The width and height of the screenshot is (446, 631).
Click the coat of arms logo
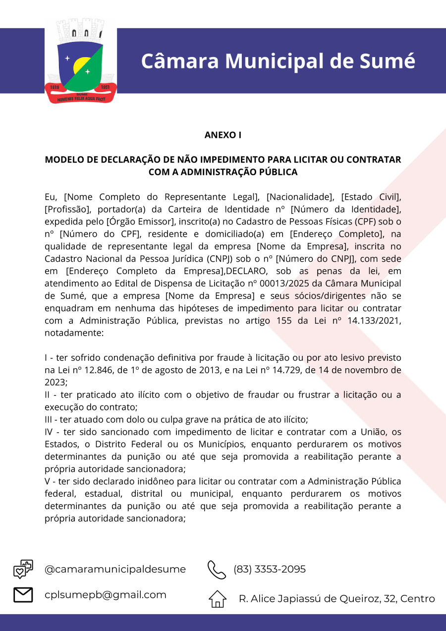pyautogui.click(x=81, y=61)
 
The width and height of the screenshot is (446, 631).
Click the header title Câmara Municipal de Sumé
pyautogui.click(x=278, y=61)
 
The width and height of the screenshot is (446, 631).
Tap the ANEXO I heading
pyautogui.click(x=223, y=135)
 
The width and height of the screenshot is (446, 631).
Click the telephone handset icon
pyautogui.click(x=217, y=570)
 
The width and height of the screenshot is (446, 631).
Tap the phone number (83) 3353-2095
pyautogui.click(x=270, y=570)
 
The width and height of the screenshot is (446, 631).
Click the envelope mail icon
pyautogui.click(x=23, y=595)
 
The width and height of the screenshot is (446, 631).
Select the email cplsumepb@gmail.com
pyautogui.click(x=106, y=595)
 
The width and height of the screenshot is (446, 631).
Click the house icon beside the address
pyautogui.click(x=218, y=599)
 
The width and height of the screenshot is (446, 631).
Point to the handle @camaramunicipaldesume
pyautogui.click(x=115, y=570)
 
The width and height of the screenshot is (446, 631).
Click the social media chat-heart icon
pyautogui.click(x=23, y=569)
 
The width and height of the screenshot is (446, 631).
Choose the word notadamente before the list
pyautogui.click(x=74, y=333)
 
